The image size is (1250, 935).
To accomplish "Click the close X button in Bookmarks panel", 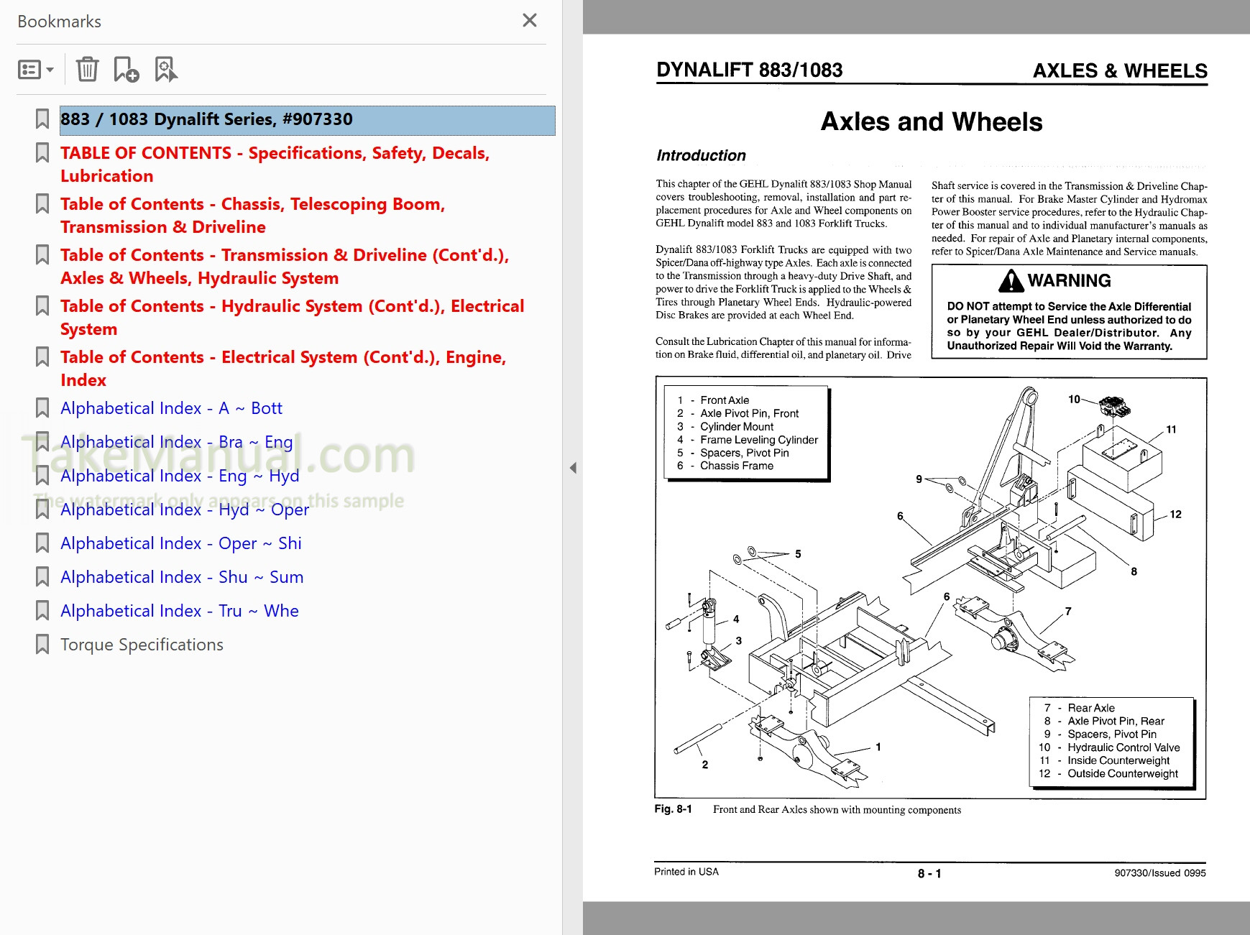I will pos(530,20).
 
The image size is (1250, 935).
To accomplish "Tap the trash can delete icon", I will pos(87,70).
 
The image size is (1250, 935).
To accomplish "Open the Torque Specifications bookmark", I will pos(142,645).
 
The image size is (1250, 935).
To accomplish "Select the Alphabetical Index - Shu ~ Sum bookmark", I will pos(181,577).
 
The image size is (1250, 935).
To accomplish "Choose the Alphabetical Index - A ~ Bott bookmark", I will pos(171,408).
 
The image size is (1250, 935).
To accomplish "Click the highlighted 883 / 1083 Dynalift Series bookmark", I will pos(206,119).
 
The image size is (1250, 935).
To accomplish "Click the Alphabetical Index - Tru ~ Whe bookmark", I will pos(179,611).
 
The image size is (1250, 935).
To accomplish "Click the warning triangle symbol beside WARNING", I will pos(1011,281).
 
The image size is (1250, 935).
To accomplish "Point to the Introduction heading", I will pos(701,155).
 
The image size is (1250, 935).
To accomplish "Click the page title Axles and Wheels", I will pos(931,121).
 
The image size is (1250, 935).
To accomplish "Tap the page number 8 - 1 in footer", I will pos(929,873).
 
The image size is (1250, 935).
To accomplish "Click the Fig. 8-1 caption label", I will pos(673,809).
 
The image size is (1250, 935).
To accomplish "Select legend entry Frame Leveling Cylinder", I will pos(758,440).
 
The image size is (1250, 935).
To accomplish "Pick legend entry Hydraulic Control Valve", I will pos(1123,747).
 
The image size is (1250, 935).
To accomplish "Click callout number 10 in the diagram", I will pos(1074,399).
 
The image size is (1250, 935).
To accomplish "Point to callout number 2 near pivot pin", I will pos(704,765).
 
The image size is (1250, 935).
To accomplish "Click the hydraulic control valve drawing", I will pos(1114,407).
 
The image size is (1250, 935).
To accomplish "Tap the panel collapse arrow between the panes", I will pos(573,468).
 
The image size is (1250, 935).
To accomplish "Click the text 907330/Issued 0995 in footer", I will pos(1159,873).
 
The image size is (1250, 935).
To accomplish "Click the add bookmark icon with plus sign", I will pos(127,70).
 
